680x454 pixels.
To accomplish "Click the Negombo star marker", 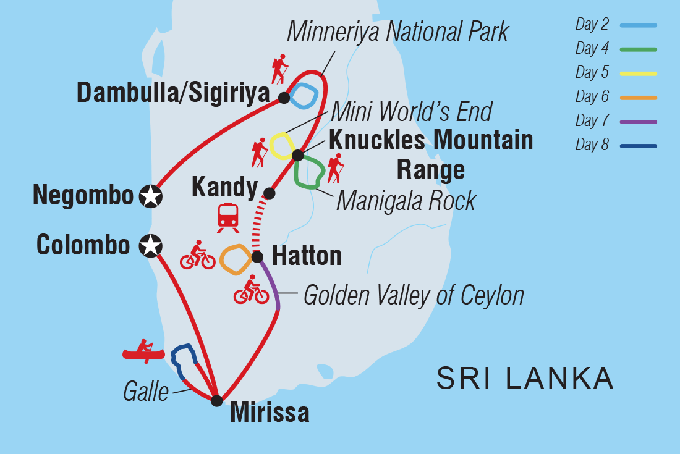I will tap(150, 196).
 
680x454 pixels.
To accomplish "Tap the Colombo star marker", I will tap(150, 246).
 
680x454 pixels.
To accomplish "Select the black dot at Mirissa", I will tap(216, 400).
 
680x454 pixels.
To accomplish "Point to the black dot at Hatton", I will tap(257, 256).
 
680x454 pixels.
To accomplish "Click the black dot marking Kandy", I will tap(270, 193).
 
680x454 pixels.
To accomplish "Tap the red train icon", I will tap(228, 217).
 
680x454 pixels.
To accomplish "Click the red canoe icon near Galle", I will tap(143, 351).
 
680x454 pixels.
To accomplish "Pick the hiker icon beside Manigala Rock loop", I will tap(335, 169).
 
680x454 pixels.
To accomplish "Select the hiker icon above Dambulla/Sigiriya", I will tap(278, 69).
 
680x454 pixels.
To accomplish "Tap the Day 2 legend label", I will tap(592, 25).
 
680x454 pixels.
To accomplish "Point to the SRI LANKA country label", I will tap(525, 378).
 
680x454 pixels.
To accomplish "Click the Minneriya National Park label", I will tap(397, 32).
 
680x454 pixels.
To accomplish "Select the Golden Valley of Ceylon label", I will tap(414, 295).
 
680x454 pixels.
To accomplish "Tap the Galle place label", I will tap(146, 392).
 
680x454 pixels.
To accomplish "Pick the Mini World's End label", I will tap(411, 112).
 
